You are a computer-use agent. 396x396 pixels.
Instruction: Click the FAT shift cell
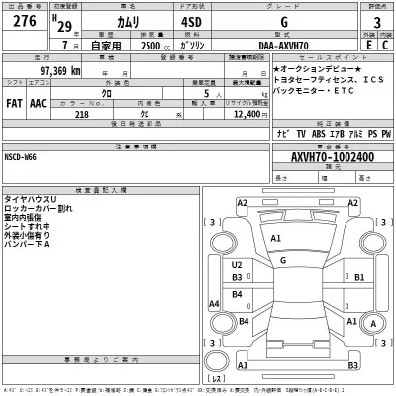pyautogui.click(x=15, y=103)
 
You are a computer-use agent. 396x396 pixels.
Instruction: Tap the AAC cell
pyautogui.click(x=39, y=103)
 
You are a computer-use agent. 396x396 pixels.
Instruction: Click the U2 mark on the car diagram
pyautogui.click(x=238, y=265)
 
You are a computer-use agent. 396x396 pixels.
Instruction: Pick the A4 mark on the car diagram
pyautogui.click(x=212, y=302)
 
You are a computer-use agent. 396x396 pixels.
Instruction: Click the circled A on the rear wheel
pyautogui.click(x=373, y=322)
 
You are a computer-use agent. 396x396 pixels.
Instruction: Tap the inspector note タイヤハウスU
pyautogui.click(x=30, y=199)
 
